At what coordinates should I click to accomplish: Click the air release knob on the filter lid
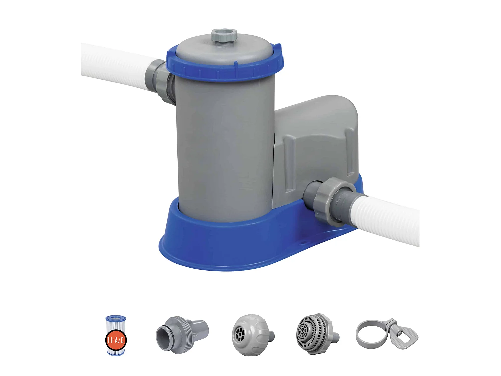(x=224, y=35)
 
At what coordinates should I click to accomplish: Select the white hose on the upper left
(x=114, y=65)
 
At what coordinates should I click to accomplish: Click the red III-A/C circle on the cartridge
(x=116, y=340)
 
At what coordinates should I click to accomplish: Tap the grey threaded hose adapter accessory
(x=182, y=333)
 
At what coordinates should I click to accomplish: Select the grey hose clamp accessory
(x=386, y=334)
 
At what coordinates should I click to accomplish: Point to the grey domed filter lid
(x=225, y=50)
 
